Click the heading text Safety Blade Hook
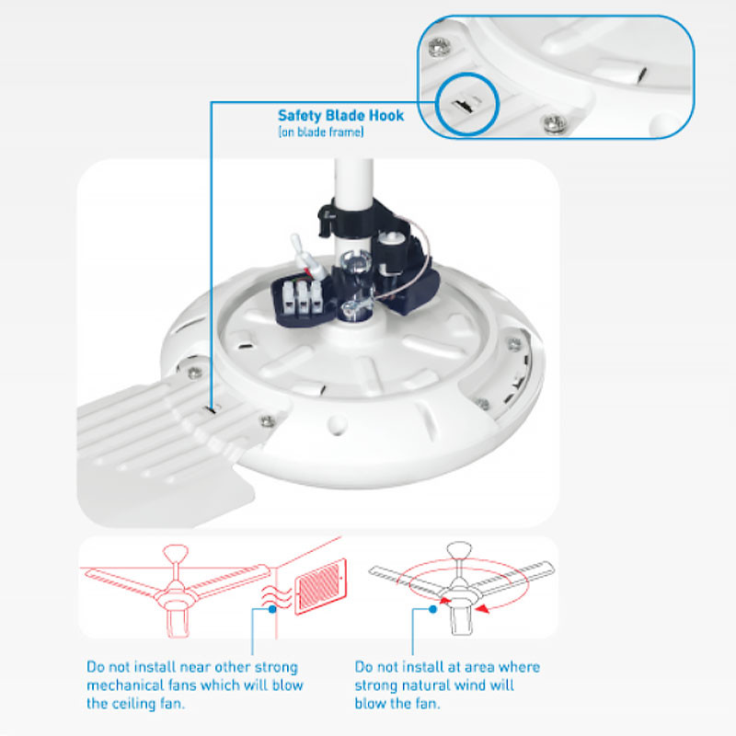(340, 116)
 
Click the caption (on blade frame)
(321, 132)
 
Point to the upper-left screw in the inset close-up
(440, 47)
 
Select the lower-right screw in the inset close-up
(556, 123)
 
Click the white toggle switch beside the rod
(301, 253)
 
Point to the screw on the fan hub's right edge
(514, 343)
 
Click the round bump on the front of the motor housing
(337, 424)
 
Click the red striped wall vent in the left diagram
(320, 586)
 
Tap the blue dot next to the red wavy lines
(272, 609)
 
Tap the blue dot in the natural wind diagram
(432, 609)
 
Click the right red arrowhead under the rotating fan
(482, 609)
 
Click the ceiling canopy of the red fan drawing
(176, 551)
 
